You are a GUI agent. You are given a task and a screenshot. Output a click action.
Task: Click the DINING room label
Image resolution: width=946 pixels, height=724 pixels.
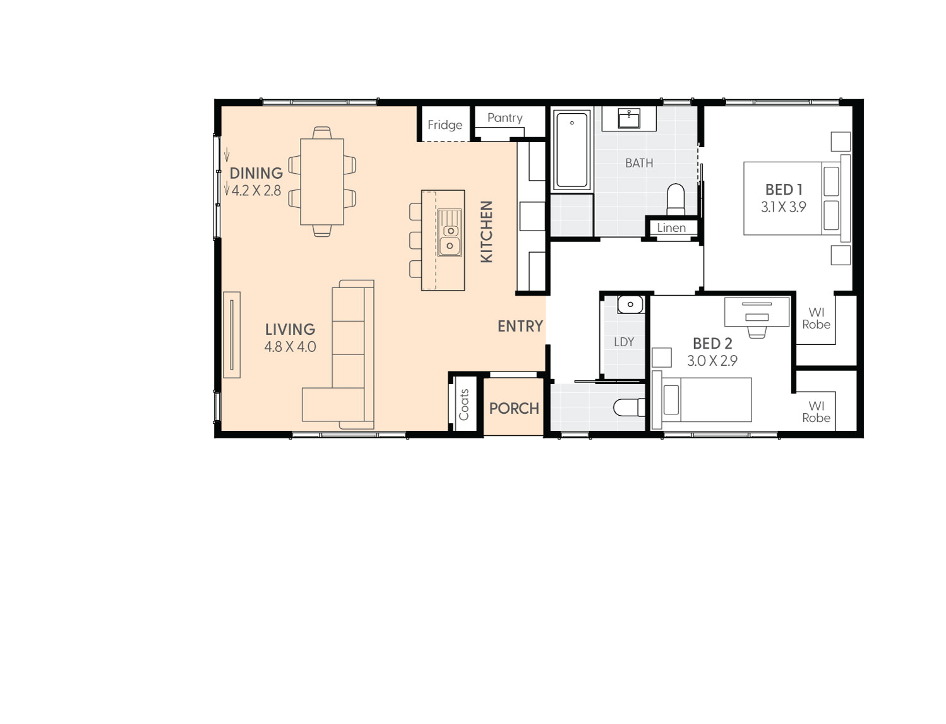[x=256, y=173]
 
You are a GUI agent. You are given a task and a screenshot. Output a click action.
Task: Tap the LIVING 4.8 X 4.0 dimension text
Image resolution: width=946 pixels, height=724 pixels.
[x=290, y=347]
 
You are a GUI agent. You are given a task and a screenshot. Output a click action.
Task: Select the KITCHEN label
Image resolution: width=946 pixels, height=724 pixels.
[x=486, y=231]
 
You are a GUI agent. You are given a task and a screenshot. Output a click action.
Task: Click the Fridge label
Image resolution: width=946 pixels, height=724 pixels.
[x=445, y=125]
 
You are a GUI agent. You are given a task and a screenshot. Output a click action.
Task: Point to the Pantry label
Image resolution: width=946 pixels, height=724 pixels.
[x=505, y=118]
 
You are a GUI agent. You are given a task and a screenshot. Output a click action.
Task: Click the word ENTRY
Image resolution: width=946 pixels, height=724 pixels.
[x=520, y=326]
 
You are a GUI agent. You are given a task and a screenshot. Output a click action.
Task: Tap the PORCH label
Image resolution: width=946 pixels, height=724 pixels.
[x=513, y=408]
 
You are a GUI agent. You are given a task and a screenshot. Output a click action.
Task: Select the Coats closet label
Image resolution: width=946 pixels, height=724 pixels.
[x=464, y=405]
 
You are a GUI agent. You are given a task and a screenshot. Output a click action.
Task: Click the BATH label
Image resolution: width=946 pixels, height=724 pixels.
[x=638, y=163]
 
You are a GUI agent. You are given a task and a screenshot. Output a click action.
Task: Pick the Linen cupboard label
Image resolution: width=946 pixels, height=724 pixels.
[x=671, y=228]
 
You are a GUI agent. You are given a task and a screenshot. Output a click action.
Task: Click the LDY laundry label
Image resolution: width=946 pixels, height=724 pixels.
[x=623, y=342]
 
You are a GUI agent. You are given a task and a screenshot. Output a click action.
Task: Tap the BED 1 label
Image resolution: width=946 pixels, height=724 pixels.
[x=783, y=190]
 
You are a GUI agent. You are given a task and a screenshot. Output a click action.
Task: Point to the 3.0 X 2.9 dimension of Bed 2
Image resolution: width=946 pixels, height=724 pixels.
[x=712, y=361]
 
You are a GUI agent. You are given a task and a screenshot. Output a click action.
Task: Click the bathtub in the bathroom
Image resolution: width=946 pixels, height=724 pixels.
[x=572, y=150]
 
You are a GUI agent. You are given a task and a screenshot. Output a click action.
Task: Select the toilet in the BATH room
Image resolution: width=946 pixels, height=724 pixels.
[x=675, y=199]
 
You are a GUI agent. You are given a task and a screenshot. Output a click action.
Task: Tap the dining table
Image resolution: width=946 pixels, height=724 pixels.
[x=321, y=182]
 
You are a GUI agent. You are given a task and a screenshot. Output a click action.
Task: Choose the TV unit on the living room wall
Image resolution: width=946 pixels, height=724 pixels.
[x=232, y=335]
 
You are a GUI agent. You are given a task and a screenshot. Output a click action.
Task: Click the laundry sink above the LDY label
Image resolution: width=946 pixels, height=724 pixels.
[x=630, y=305]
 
